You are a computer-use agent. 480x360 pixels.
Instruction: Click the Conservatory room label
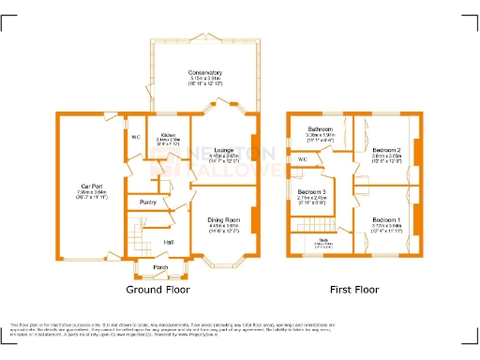click(204, 72)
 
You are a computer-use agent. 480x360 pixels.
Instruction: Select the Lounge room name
click(224, 149)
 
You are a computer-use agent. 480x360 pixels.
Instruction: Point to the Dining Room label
click(224, 219)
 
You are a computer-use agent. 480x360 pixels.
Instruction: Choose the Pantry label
click(147, 202)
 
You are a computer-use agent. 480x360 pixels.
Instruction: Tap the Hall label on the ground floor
click(169, 243)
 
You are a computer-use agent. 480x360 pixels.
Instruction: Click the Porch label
click(160, 267)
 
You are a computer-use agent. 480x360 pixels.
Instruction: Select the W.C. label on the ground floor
click(136, 138)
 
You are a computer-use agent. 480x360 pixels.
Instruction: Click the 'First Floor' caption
click(354, 290)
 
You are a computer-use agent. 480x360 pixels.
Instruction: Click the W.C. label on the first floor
click(302, 159)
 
